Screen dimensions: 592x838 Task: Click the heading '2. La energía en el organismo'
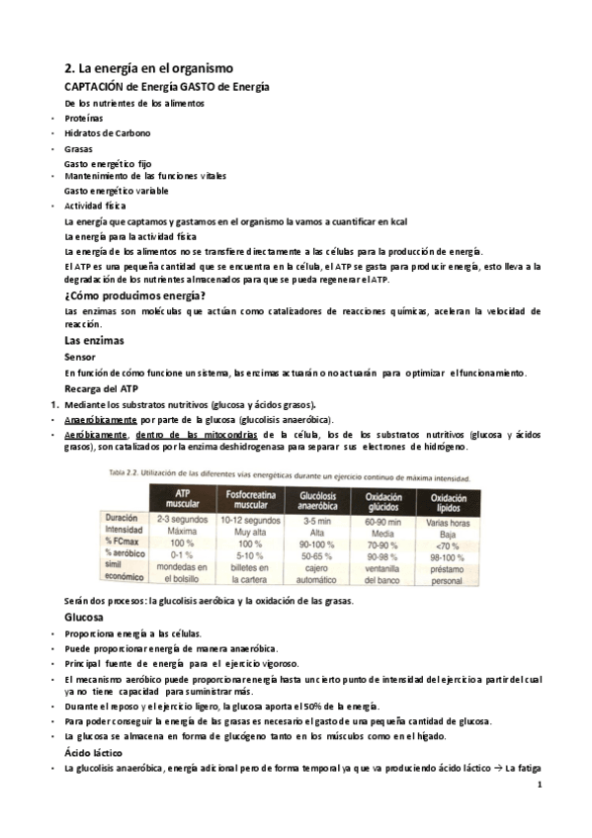pyautogui.click(x=147, y=69)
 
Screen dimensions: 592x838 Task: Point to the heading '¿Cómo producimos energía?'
pyautogui.click(x=134, y=295)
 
